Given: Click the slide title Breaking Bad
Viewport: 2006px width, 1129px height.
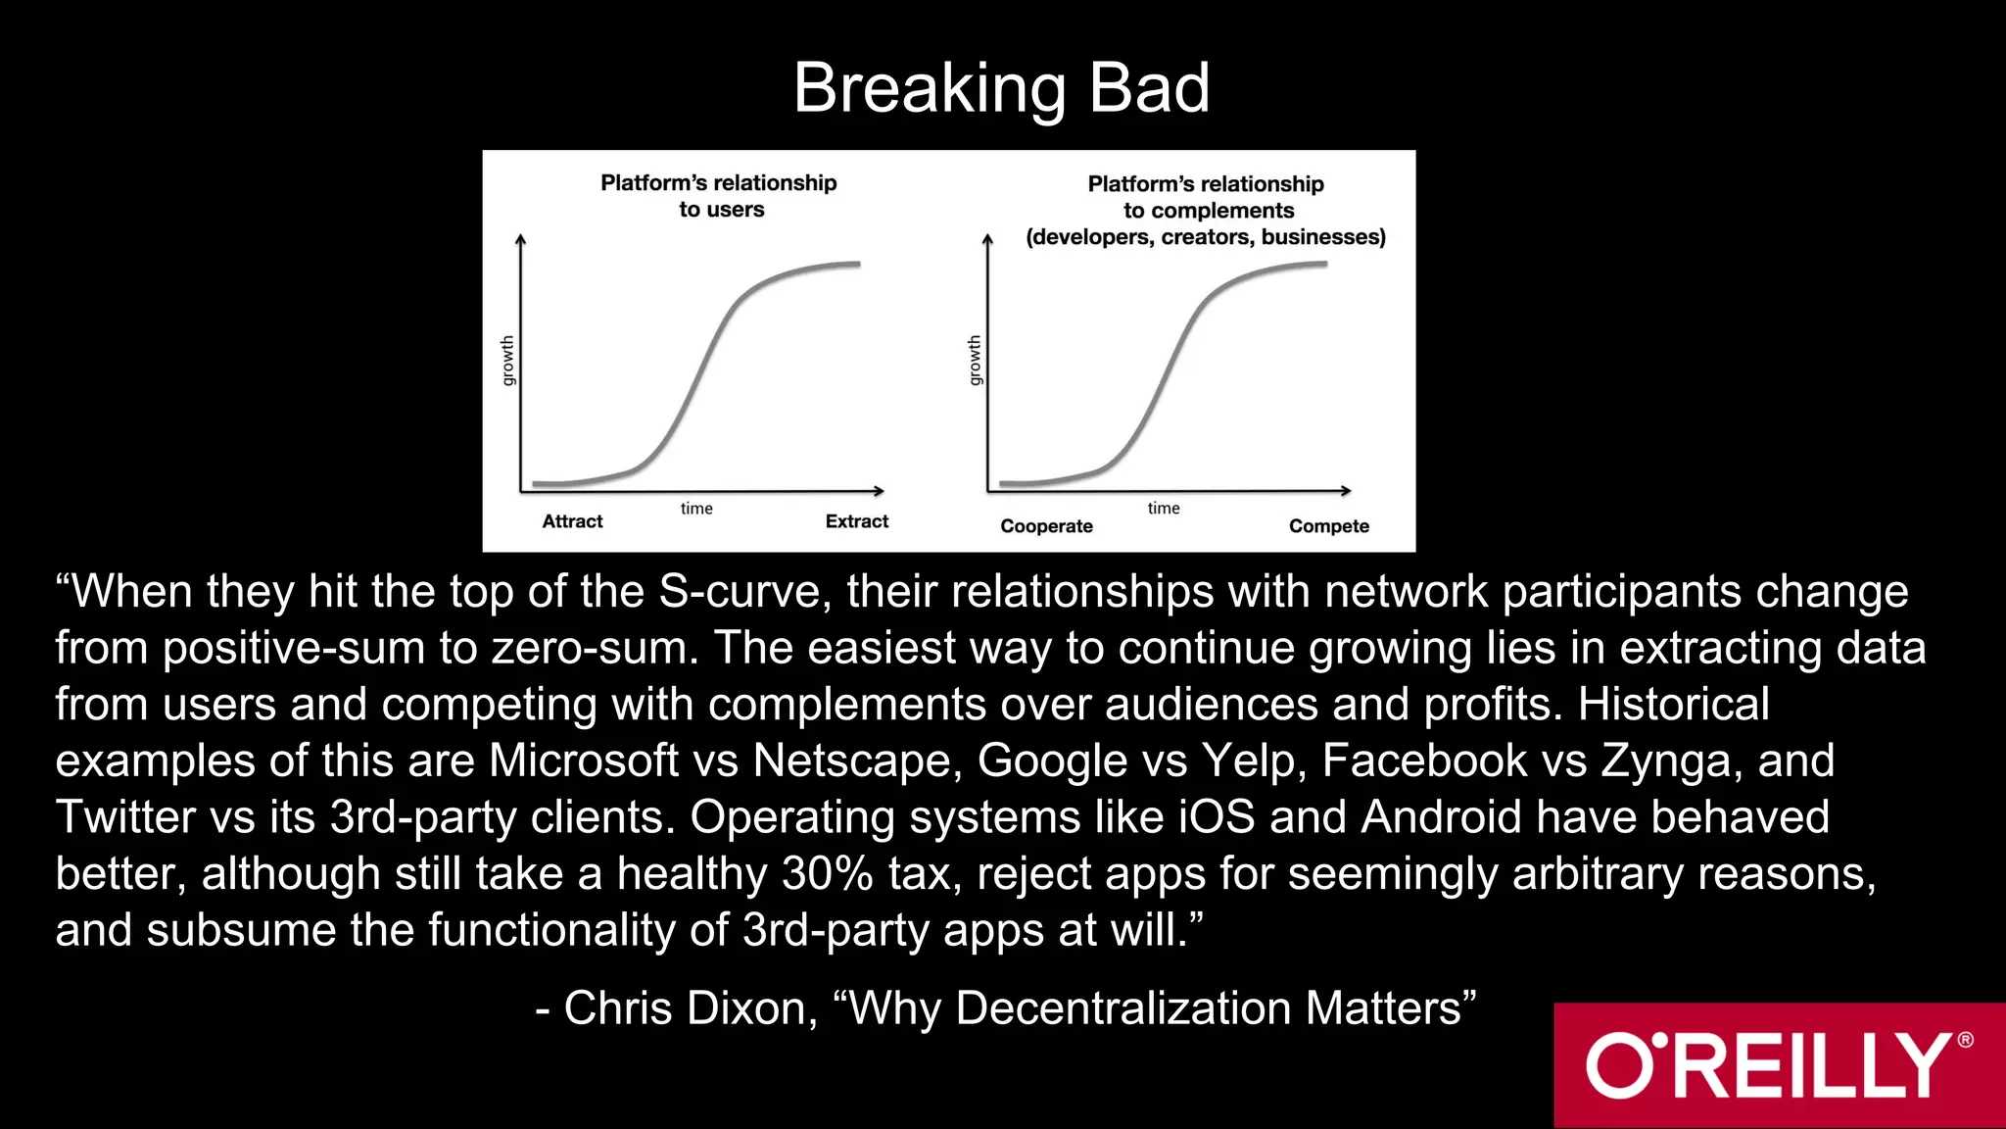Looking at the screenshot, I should point(1001,88).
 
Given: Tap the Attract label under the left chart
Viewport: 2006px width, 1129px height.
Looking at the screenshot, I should point(572,521).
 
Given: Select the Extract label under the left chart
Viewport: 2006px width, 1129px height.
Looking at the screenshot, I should point(856,521).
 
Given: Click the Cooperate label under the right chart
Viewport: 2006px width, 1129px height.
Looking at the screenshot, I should point(1046,526).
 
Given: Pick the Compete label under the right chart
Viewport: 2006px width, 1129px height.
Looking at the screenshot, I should point(1328,526).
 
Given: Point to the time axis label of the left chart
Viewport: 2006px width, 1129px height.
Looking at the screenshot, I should point(696,509).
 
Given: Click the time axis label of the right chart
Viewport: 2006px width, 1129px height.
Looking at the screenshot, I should point(1164,509).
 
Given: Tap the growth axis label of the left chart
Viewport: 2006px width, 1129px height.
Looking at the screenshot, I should point(507,361).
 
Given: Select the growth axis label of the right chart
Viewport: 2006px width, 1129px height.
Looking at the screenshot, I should point(975,361).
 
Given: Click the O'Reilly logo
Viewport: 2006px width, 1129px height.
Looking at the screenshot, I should point(1779,1065).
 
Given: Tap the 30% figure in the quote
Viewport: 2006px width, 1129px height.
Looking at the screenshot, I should point(828,873).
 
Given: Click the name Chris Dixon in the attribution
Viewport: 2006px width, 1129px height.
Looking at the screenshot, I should point(685,1008).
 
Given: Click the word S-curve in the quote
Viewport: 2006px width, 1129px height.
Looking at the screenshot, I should point(743,592).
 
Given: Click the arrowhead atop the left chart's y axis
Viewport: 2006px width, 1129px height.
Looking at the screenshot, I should point(521,239).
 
